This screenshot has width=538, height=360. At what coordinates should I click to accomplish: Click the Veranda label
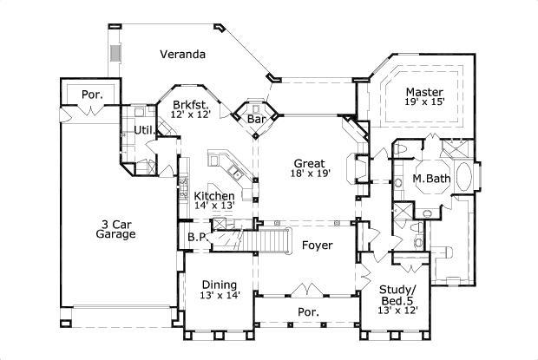click(182, 55)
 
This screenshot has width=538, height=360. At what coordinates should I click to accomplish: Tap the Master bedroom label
click(424, 91)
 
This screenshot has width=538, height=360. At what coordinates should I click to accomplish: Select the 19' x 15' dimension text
click(424, 102)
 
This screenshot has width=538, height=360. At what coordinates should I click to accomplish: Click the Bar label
click(256, 119)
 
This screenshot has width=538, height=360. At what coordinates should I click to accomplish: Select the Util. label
click(143, 130)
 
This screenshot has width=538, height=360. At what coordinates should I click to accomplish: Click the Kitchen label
click(213, 196)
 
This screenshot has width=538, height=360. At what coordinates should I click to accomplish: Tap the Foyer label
click(318, 245)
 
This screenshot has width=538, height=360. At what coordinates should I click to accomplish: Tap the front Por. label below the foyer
click(308, 311)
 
